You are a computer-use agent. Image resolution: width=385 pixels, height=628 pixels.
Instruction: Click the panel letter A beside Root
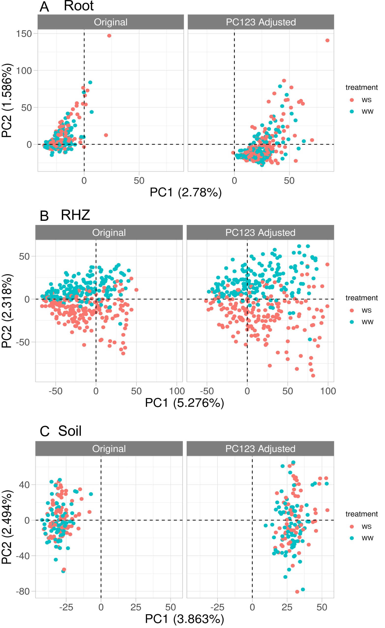pos(44,7)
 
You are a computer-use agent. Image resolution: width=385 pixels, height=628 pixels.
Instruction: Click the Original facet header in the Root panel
pos(111,22)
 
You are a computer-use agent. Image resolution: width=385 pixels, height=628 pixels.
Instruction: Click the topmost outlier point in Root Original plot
pos(109,36)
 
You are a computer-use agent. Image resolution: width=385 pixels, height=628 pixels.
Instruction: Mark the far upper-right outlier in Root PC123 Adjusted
pos(327,40)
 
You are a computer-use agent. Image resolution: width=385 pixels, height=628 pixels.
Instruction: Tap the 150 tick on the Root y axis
pos(24,34)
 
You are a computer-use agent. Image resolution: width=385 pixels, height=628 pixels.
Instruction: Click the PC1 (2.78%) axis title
pos(185,192)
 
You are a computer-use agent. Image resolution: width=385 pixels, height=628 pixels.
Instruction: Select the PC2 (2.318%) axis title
pos(7,311)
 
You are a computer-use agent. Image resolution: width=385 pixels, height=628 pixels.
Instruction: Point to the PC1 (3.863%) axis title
pos(184,619)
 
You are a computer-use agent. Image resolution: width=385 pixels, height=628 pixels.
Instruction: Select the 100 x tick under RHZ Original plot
pos(177,391)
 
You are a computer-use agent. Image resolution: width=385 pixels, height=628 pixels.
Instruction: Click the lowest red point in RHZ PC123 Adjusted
pos(313,376)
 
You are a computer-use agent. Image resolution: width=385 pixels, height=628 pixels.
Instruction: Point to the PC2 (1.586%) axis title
pos(7,100)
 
